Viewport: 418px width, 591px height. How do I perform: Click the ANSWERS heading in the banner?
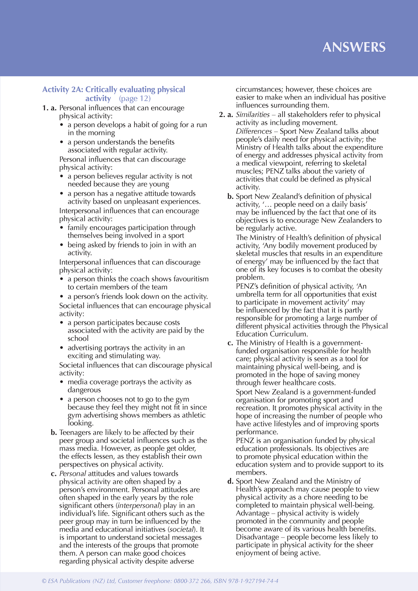click(x=354, y=47)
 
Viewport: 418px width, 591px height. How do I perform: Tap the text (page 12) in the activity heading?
click(x=135, y=98)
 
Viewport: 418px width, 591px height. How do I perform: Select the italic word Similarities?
click(x=253, y=115)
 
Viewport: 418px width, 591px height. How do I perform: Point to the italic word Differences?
click(x=254, y=131)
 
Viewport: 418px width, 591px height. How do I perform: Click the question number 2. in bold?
click(x=222, y=115)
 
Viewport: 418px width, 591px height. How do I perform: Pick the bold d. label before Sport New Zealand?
click(x=230, y=481)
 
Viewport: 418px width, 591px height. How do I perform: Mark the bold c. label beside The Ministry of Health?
click(x=230, y=343)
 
